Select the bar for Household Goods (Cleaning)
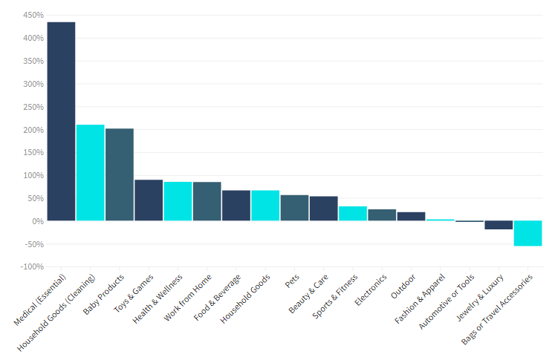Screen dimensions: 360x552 tap(90, 172)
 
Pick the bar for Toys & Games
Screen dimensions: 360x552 tap(149, 200)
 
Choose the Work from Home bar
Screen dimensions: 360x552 tap(207, 201)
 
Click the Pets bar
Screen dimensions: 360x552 tap(294, 208)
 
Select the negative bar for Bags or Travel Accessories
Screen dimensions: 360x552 tap(527, 233)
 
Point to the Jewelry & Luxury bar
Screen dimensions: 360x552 tap(499, 225)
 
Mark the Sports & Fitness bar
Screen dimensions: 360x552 tap(353, 213)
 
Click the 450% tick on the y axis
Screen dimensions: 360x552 tap(33, 15)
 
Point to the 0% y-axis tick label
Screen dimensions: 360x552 tap(36, 221)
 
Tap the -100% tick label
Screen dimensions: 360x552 tap(32, 266)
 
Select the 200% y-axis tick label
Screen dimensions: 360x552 tap(33, 130)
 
